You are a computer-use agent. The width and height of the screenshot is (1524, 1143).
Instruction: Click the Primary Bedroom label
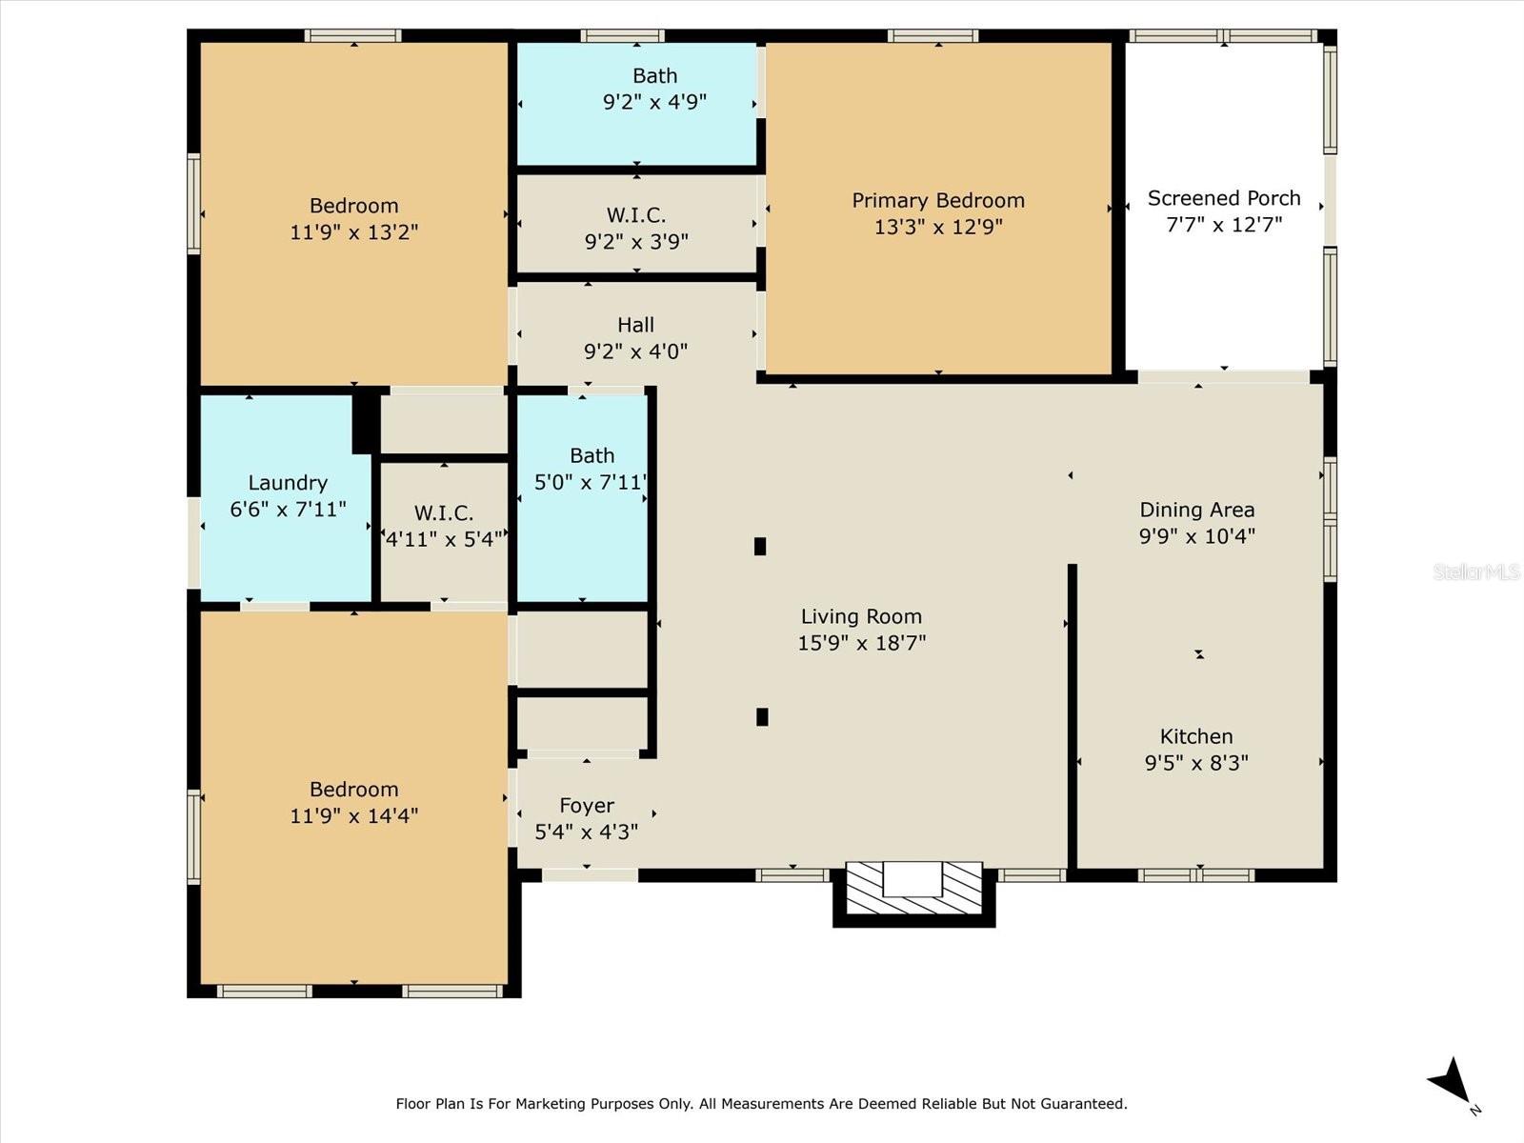938,201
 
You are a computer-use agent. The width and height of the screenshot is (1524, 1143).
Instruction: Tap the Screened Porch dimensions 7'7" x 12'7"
1223,225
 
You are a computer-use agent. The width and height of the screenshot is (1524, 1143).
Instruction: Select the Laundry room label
288,483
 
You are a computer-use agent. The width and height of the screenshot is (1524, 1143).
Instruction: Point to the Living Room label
862,616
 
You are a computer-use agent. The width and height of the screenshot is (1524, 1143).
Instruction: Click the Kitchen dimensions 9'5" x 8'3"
1196,763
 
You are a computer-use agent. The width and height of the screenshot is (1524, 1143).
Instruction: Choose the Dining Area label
1197,511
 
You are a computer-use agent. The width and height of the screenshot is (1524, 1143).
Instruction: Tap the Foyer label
587,806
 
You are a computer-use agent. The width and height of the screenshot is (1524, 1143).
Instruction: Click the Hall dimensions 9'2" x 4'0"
636,351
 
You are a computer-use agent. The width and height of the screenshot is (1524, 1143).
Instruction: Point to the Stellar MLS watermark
1476,571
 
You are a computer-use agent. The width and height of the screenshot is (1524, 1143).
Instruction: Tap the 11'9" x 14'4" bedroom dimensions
353,815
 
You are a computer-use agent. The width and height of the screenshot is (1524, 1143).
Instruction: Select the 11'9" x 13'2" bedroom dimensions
353,231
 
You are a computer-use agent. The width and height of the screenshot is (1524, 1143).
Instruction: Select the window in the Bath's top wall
623,35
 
